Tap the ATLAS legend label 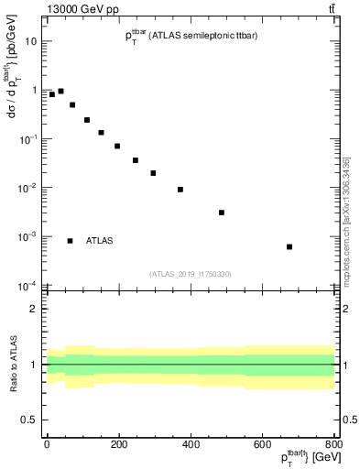(99, 241)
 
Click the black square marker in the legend (71, 241)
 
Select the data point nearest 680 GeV (289, 246)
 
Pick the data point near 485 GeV (222, 213)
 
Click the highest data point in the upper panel (60, 92)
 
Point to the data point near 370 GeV (180, 190)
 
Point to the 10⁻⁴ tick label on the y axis (27, 285)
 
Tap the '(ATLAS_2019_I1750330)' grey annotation (191, 274)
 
